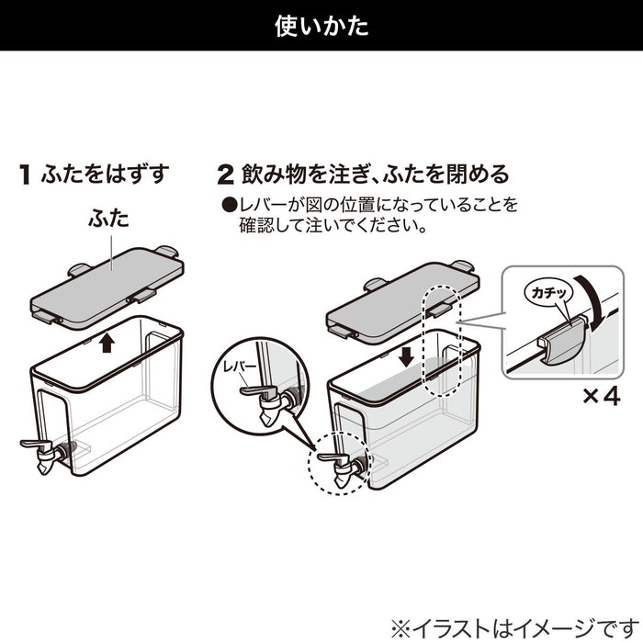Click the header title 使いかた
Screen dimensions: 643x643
tap(321, 26)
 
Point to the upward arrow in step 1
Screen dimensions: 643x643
tap(107, 343)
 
